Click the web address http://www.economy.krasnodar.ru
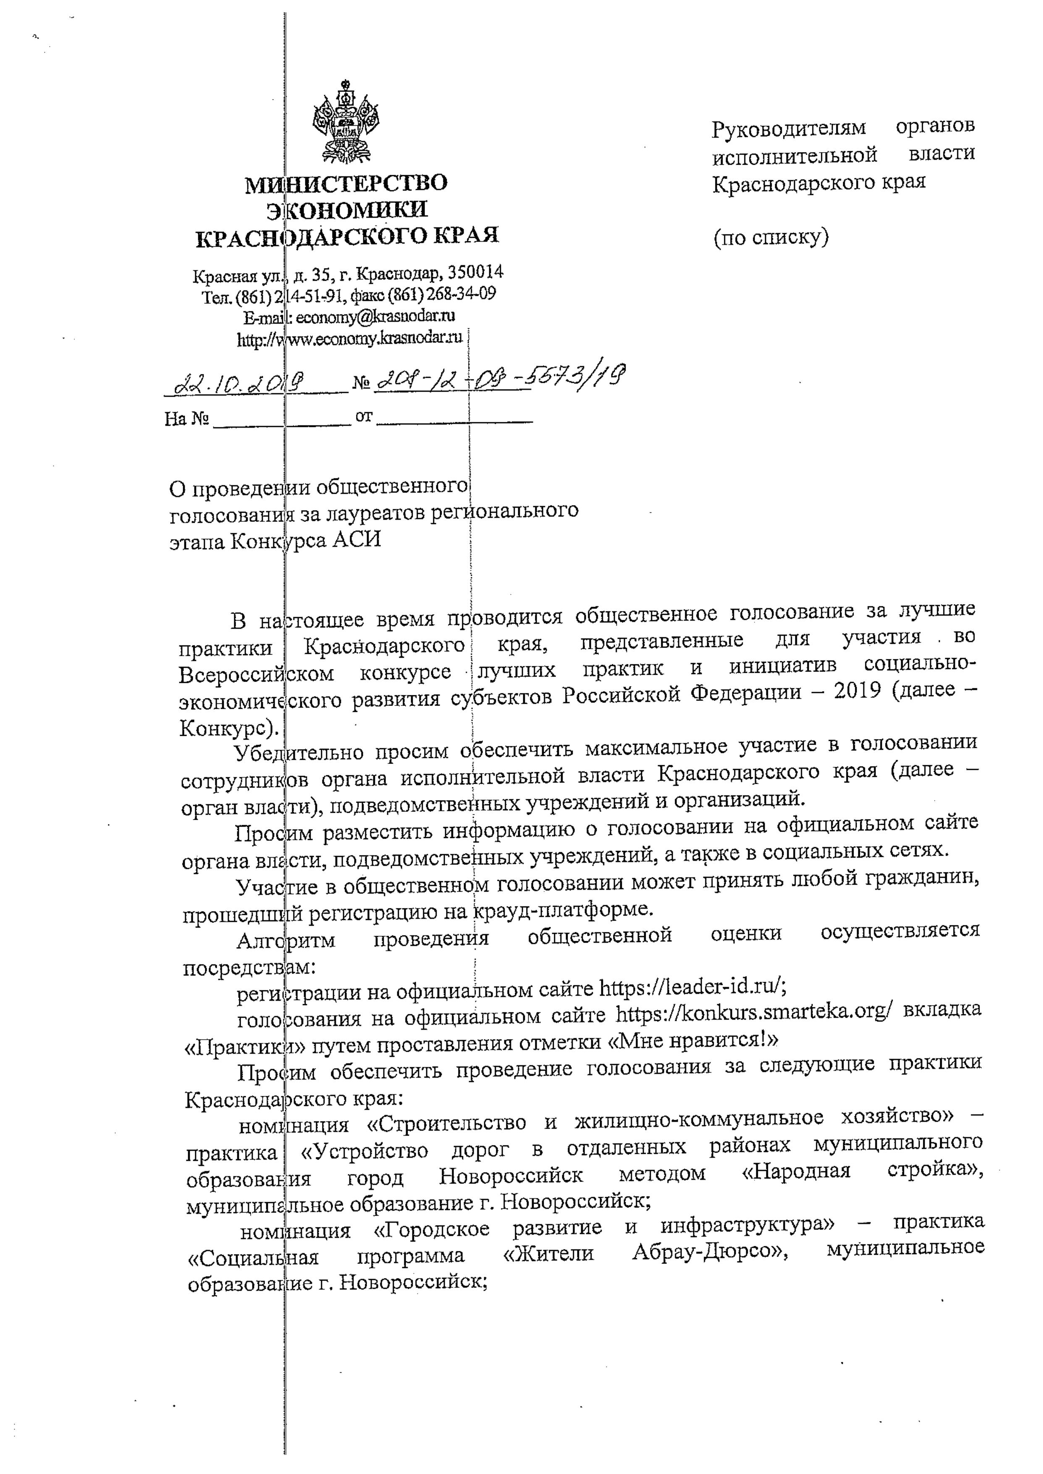click(350, 339)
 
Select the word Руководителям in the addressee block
click(789, 129)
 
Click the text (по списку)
click(770, 238)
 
